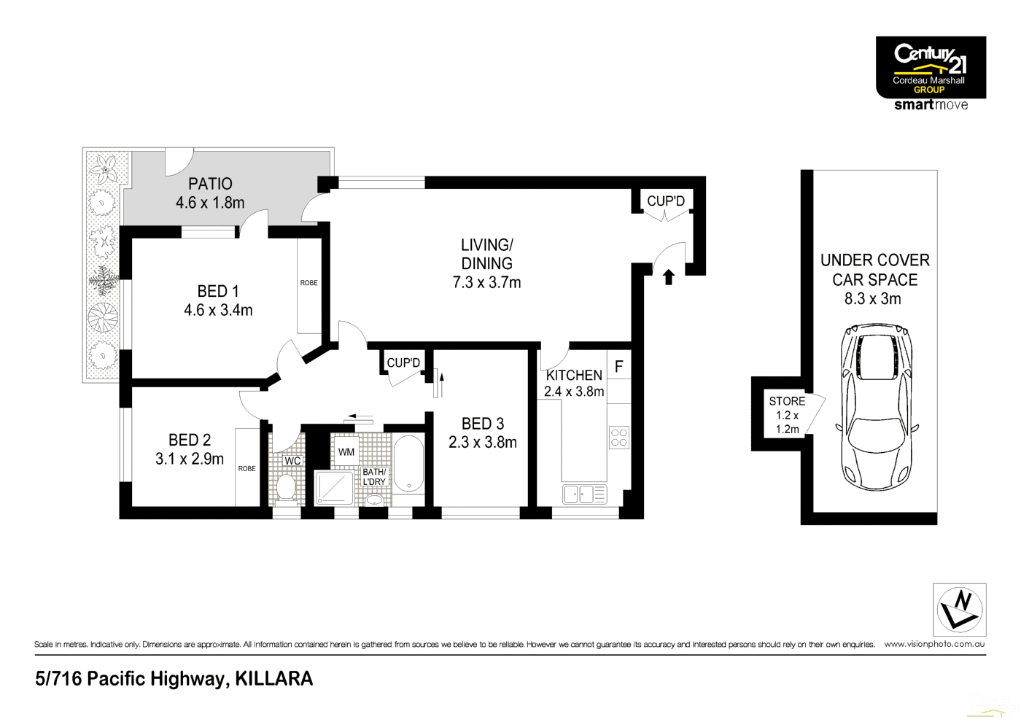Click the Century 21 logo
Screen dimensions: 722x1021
(931, 67)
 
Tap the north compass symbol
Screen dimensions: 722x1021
(960, 610)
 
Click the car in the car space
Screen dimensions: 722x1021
(876, 408)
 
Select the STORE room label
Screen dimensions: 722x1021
(787, 401)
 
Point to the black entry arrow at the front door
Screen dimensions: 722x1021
(668, 277)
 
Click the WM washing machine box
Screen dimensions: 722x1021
(346, 452)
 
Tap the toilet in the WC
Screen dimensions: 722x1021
(286, 487)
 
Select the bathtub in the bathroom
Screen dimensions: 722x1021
(408, 464)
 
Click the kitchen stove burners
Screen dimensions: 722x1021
(618, 438)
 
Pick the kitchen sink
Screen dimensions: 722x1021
(583, 494)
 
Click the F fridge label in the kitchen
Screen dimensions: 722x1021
(618, 366)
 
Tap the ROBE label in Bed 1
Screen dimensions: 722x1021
(309, 283)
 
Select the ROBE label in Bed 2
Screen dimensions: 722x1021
(246, 468)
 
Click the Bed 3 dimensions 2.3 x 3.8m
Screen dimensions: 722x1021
(483, 443)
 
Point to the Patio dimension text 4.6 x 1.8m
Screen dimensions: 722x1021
(210, 203)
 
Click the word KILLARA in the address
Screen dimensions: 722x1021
(274, 679)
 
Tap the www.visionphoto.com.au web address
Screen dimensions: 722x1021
(934, 644)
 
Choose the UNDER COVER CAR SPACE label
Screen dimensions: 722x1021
(875, 270)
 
